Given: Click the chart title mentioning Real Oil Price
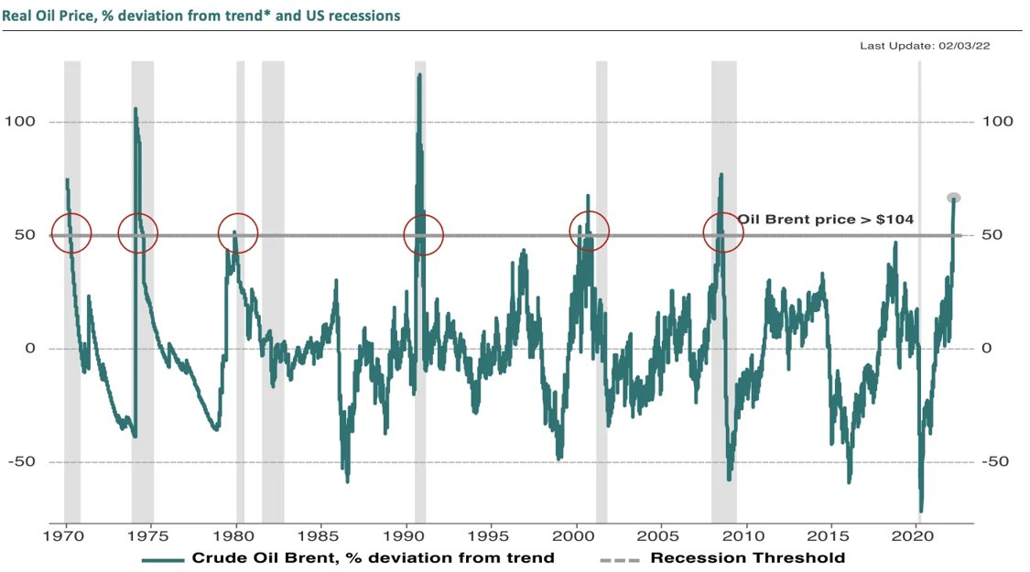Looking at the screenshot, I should coord(200,16).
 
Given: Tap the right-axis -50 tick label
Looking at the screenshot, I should coord(997,461).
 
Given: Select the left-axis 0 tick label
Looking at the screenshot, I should coord(29,349).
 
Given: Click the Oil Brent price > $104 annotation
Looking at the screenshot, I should coord(826,220).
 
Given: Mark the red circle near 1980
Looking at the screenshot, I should coord(238,233).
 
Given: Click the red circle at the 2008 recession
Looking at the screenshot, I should coord(722,233).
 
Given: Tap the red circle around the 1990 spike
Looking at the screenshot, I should coord(424,235).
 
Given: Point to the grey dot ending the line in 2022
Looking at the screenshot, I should coord(953,198).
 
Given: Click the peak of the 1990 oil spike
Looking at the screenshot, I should coord(419,75).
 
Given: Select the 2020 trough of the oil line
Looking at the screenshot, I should coord(920,511).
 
